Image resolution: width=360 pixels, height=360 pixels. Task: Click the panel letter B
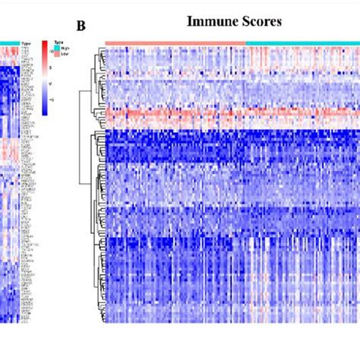tap(81, 26)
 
